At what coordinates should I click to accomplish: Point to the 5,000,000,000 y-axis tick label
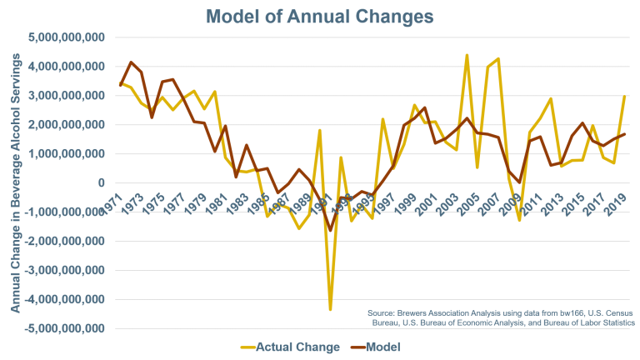click(67, 37)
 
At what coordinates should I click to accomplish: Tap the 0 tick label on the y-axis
click(100, 183)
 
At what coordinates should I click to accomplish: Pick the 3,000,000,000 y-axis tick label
click(67, 96)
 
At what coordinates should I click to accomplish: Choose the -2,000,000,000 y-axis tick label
click(65, 242)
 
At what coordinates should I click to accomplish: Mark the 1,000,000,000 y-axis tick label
click(67, 154)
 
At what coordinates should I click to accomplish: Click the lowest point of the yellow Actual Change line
click(330, 310)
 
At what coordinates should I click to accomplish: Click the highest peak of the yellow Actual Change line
click(467, 55)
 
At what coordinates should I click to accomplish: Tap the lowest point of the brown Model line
click(330, 231)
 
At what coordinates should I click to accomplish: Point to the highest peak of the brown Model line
click(130, 62)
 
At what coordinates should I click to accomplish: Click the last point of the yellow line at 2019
click(625, 96)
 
